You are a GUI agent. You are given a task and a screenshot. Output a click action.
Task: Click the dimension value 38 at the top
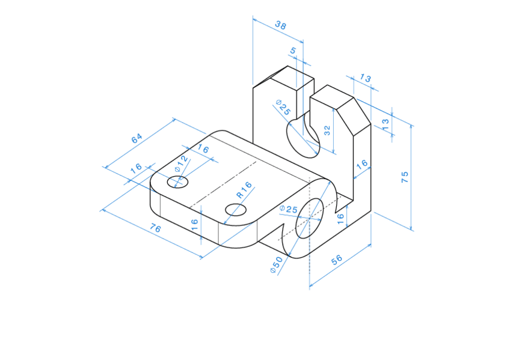280,25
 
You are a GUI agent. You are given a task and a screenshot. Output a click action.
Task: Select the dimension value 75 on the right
405,177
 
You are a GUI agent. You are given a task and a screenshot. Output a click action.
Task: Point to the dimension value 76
155,229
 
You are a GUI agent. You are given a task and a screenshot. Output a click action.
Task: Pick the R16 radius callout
244,190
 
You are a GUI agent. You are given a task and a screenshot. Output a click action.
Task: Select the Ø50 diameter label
277,265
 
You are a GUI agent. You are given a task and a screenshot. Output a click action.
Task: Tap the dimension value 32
327,130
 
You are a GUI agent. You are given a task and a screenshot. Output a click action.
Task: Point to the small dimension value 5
293,51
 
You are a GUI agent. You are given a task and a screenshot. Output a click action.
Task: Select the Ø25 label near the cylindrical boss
289,209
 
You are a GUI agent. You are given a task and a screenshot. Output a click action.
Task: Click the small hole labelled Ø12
177,182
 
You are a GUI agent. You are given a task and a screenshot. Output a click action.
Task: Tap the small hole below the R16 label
235,209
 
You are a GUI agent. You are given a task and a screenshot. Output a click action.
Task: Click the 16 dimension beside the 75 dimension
361,164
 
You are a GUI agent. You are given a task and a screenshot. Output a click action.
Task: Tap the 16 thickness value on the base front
194,225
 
